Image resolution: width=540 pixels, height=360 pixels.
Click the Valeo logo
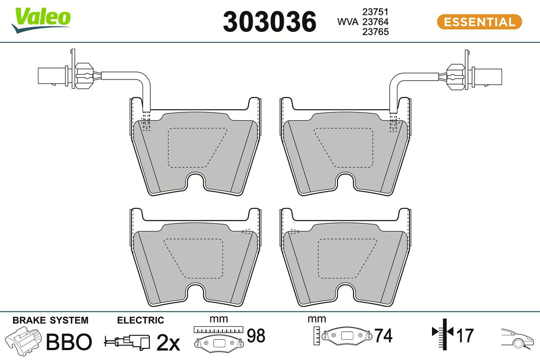click(x=41, y=21)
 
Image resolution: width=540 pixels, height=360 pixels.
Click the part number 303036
click(x=270, y=22)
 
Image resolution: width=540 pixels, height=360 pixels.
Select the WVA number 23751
click(x=375, y=12)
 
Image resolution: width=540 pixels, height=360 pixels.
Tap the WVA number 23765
click(x=375, y=31)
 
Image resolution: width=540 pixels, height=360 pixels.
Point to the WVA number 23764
click(x=375, y=22)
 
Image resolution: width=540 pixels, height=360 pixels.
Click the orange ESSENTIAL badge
click(x=480, y=22)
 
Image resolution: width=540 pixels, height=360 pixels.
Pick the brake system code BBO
click(x=69, y=342)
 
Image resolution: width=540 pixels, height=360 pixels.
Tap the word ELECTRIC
click(x=140, y=320)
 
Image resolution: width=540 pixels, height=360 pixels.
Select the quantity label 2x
click(x=168, y=342)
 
